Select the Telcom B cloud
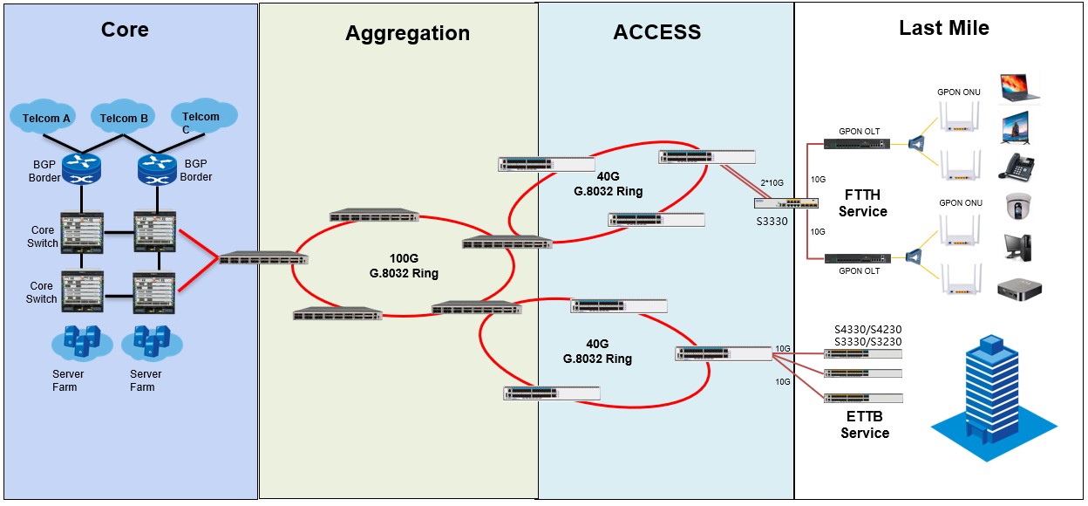click(125, 118)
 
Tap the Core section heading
click(125, 30)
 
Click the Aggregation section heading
click(407, 33)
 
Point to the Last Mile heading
click(944, 29)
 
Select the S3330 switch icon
click(787, 203)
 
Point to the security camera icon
click(1017, 207)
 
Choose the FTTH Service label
click(866, 203)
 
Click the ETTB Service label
click(865, 425)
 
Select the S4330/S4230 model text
click(867, 329)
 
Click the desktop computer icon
click(1018, 248)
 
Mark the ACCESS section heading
click(656, 32)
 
